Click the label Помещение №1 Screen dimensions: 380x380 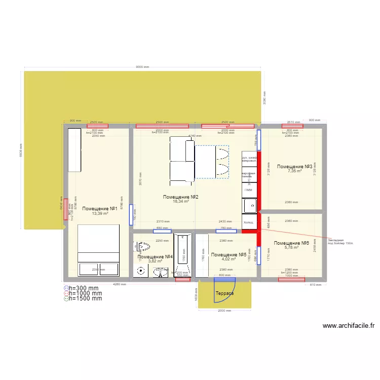100,208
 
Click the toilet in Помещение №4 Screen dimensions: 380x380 143,247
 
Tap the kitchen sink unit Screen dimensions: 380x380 249,206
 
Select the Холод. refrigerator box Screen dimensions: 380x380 249,222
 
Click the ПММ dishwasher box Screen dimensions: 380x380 248,190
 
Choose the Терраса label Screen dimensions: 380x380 224,293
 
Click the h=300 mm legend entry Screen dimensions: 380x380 84,288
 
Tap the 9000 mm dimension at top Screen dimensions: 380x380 142,68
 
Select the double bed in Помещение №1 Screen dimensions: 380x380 98,250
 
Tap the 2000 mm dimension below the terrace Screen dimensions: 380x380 224,311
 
